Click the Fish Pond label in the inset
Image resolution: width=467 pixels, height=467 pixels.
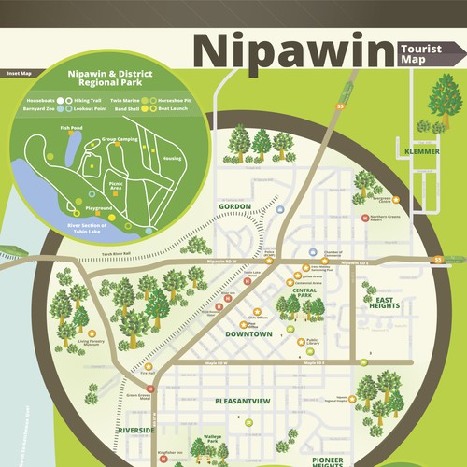72,128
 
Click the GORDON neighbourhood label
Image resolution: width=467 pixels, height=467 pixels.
235,206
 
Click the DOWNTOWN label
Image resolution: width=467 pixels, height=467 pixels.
248,333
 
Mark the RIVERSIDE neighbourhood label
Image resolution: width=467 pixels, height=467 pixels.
137,431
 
